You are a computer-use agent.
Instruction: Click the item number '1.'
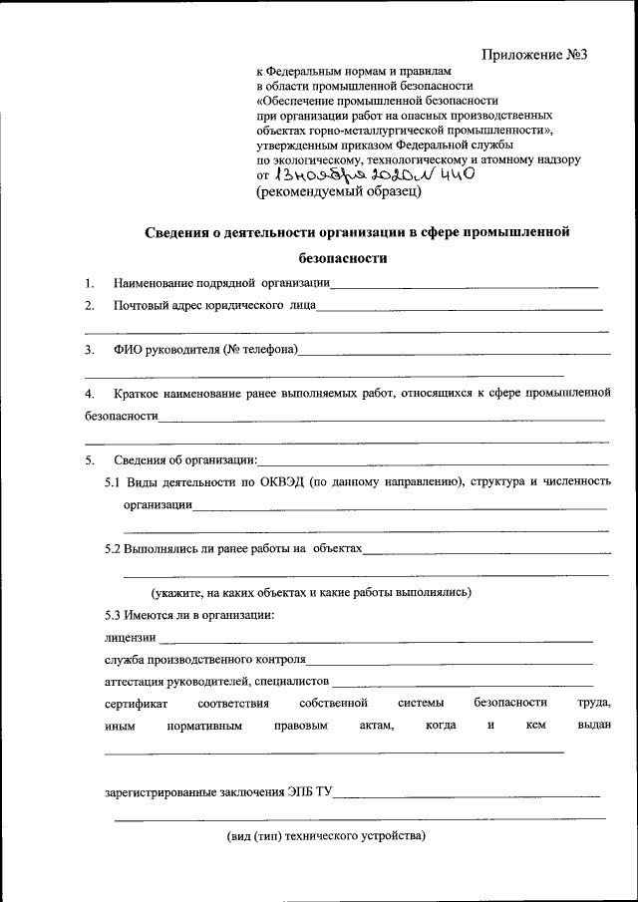pyautogui.click(x=90, y=284)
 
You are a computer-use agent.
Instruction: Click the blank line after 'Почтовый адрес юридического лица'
pyautogui.click(x=460, y=309)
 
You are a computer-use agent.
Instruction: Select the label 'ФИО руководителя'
pyautogui.click(x=164, y=350)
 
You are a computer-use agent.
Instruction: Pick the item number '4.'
pyautogui.click(x=90, y=395)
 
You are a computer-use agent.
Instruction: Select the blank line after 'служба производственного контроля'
pyautogui.click(x=449, y=662)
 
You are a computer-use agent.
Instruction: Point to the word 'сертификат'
pyautogui.click(x=136, y=704)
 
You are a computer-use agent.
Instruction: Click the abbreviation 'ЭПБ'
pyautogui.click(x=298, y=793)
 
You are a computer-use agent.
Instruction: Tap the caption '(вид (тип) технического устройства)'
pyautogui.click(x=326, y=836)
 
